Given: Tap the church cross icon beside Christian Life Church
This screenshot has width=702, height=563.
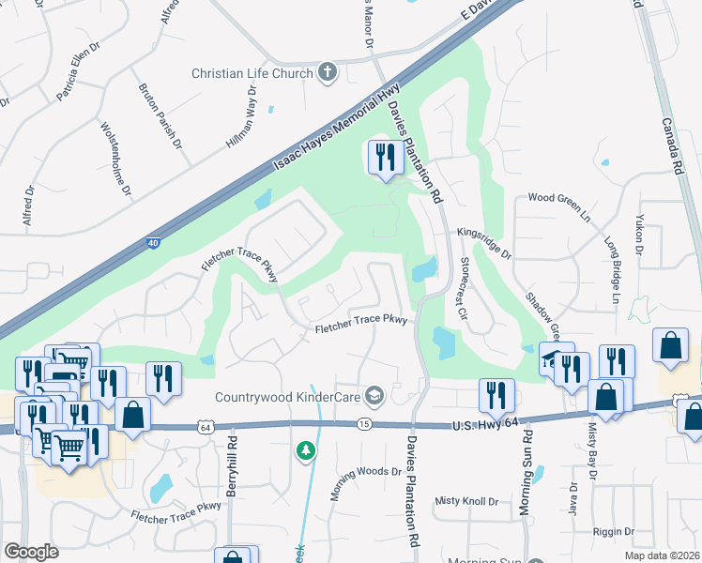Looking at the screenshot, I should [x=328, y=72].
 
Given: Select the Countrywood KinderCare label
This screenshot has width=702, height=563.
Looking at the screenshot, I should [x=287, y=396].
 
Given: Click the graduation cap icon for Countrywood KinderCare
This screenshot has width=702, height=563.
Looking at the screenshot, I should [x=375, y=396].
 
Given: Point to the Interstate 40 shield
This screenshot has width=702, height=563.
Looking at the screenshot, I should [x=152, y=243].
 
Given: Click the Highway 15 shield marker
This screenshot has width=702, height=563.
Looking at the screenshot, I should [x=363, y=424].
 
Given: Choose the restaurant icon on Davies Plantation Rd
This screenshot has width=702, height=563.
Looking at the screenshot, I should [x=383, y=158].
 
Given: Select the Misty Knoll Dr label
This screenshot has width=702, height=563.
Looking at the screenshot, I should [x=466, y=501].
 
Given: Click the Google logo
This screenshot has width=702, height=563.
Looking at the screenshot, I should [x=31, y=552].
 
